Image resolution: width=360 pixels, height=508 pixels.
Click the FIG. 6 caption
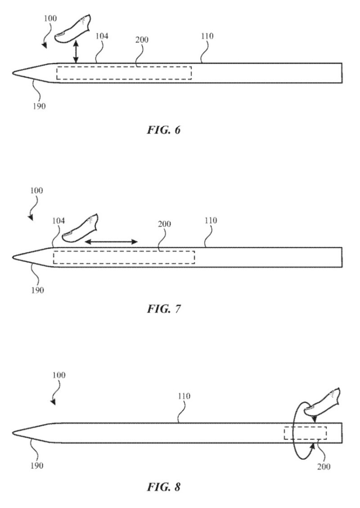pos(163,130)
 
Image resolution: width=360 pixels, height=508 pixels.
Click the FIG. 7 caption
pos(163,309)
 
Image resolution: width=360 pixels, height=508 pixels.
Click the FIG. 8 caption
pos(163,487)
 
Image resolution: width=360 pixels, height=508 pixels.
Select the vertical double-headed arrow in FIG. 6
pos(76,51)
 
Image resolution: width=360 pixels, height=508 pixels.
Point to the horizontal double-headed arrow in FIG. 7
pos(111,242)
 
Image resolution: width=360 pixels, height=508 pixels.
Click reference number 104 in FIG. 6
pos(102,36)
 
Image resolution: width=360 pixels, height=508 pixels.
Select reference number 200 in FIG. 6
pos(141,40)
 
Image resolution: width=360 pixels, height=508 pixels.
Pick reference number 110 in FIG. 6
pos(207,36)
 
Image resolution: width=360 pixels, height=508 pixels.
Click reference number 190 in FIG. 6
pos(39,106)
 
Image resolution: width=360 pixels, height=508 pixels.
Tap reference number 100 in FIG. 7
pos(36,190)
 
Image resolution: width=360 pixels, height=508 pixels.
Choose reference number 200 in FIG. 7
pos(164,224)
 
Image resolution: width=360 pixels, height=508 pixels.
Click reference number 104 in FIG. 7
pos(58,221)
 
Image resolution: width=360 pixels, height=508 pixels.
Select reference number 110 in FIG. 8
pos(184,396)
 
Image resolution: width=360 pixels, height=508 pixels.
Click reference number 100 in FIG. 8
pos(58,375)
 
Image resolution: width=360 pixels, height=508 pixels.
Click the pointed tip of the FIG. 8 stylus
pos(13,433)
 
